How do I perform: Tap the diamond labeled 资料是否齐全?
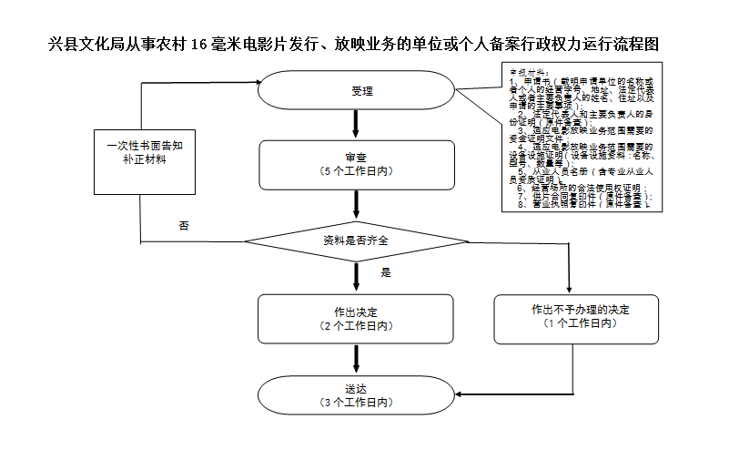click(356, 240)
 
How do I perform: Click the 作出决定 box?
click(356, 318)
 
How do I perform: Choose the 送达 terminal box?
click(356, 394)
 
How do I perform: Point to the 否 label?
click(184, 225)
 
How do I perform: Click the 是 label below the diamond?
click(385, 272)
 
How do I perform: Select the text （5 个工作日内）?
click(356, 171)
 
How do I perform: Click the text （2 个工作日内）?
click(356, 325)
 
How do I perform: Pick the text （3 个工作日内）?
click(356, 402)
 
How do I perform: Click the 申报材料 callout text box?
click(579, 137)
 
